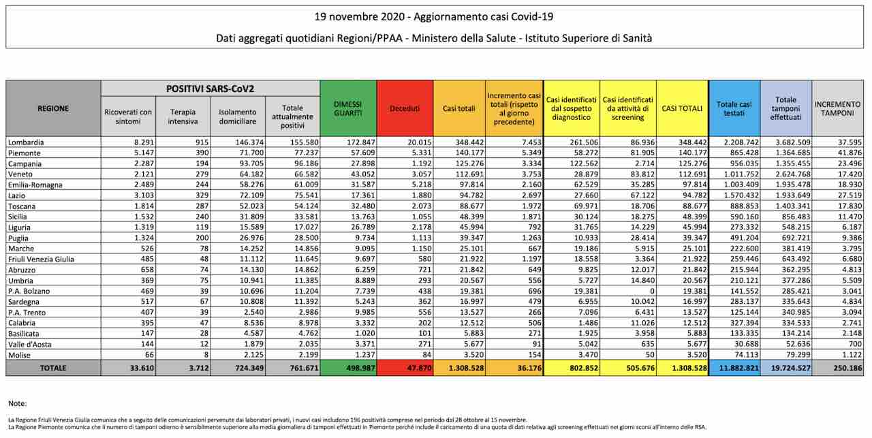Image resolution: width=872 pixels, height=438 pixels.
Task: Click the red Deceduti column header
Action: (405, 108)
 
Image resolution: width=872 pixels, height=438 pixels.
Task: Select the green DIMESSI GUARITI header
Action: (348, 108)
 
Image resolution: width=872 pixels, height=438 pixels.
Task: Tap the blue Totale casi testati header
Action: (734, 108)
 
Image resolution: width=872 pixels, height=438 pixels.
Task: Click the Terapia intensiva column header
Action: (183, 116)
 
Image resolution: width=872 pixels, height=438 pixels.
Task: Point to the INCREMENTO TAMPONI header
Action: (837, 108)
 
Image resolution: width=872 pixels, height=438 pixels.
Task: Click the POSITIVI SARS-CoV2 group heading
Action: (211, 89)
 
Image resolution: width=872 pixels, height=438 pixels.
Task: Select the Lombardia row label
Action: (26, 142)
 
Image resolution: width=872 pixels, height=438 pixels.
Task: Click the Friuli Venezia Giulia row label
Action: (41, 260)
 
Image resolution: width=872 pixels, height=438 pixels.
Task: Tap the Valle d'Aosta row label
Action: (29, 344)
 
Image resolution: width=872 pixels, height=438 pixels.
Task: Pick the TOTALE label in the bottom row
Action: (53, 368)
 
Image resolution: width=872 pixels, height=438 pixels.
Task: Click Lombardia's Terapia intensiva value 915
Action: (202, 142)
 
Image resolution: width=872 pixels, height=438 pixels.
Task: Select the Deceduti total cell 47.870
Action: (419, 368)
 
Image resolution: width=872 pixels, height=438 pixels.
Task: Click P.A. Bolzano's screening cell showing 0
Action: (652, 292)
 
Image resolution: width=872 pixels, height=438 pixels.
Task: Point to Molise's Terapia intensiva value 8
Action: (206, 355)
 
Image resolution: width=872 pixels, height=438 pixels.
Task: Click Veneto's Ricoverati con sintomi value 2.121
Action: (144, 174)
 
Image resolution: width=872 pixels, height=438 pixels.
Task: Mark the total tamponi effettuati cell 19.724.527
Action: (790, 368)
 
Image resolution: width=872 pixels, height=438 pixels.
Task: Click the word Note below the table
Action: (18, 403)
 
